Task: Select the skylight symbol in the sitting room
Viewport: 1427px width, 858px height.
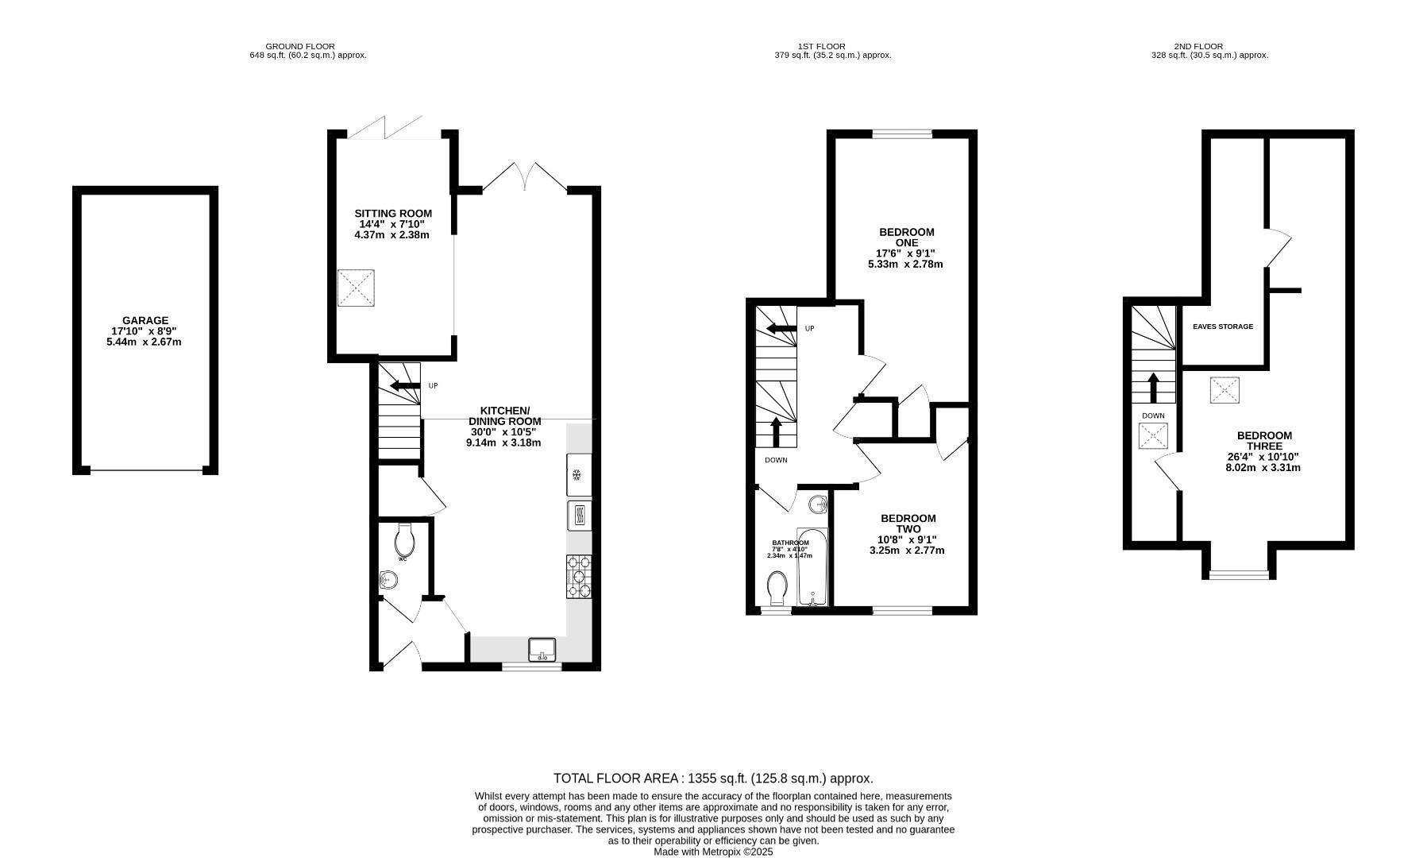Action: tap(356, 288)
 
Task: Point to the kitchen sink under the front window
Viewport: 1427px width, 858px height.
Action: tap(543, 649)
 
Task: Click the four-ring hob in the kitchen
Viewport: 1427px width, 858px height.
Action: tap(579, 575)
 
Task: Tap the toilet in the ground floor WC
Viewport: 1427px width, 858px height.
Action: tap(404, 542)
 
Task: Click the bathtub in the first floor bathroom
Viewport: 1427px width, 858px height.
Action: tap(812, 567)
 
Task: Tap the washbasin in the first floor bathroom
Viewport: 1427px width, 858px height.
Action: tap(819, 504)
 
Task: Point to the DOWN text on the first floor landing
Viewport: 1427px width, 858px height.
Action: tap(776, 460)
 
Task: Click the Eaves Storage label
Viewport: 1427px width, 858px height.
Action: tap(1223, 327)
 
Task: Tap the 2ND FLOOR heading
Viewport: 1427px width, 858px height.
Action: tap(1198, 46)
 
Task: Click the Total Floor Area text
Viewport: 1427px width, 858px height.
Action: tap(713, 779)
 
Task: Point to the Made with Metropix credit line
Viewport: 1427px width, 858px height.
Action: tap(713, 852)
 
